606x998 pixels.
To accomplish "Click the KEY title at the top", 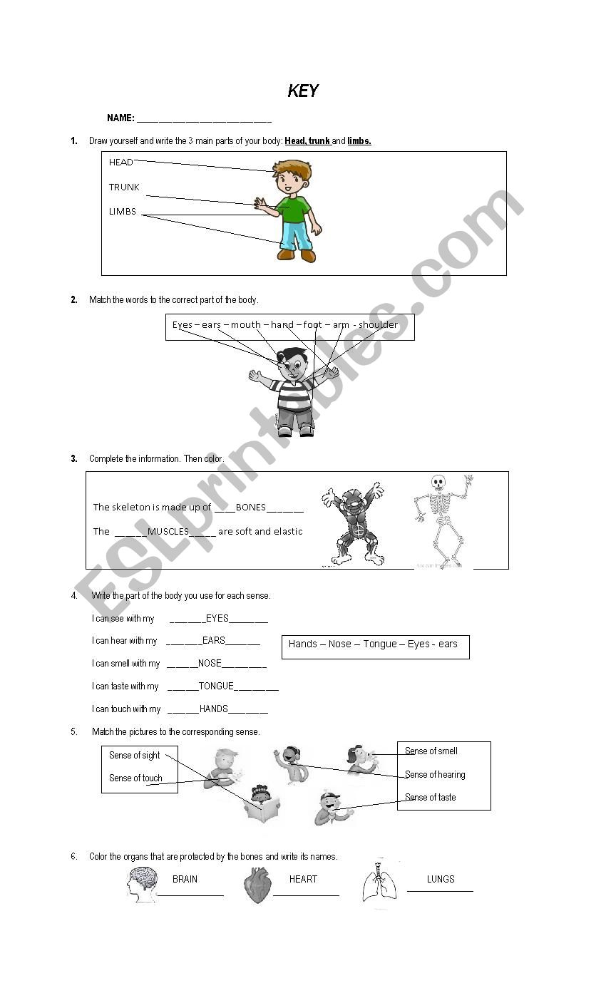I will (x=303, y=91).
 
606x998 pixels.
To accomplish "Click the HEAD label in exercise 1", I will (x=120, y=163).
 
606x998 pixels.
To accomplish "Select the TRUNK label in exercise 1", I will (x=124, y=187).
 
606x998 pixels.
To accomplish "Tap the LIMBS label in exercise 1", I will (x=122, y=212).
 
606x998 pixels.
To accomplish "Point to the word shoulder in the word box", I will (x=379, y=325).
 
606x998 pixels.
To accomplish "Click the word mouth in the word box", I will (x=246, y=325).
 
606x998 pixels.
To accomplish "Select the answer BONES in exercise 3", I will (x=250, y=508).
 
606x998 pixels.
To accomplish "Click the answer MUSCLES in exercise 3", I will (x=168, y=532).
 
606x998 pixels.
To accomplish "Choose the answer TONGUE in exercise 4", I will (x=216, y=686).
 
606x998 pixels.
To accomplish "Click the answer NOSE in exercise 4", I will (x=210, y=664).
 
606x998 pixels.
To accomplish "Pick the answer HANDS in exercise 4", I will (x=214, y=709).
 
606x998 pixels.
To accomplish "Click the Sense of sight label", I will (x=134, y=756).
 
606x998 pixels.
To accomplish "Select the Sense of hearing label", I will (x=435, y=775).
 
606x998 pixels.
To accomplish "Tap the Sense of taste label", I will (x=430, y=798).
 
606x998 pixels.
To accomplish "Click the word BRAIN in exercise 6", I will (x=185, y=880).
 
